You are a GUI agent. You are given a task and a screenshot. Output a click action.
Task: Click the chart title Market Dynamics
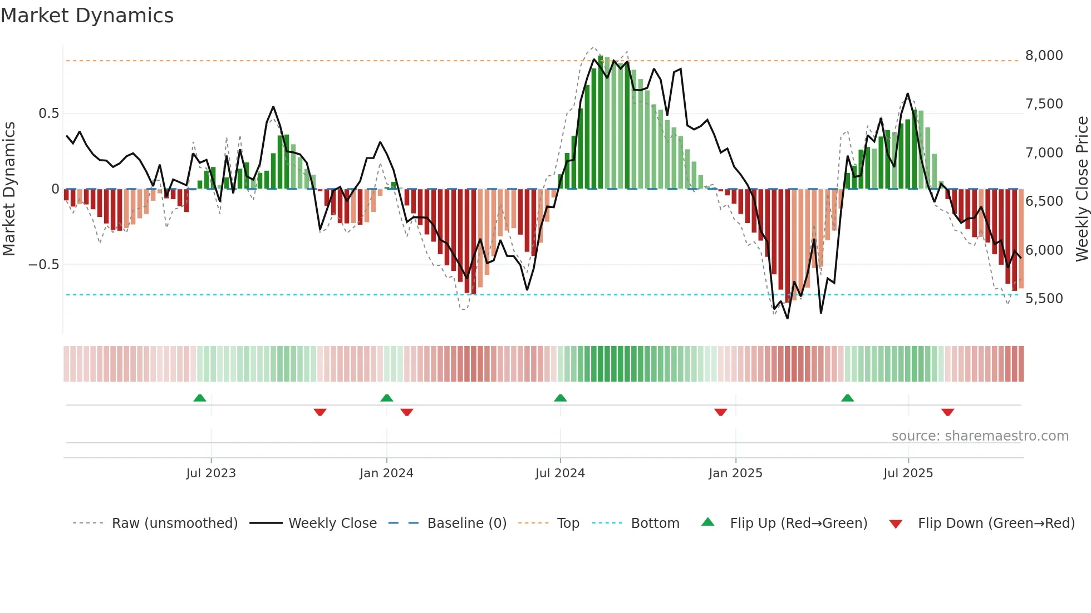(x=87, y=16)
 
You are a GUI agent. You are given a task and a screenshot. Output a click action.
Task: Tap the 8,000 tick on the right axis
(x=1044, y=56)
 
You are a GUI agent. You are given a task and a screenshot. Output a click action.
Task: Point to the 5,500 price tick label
(x=1044, y=299)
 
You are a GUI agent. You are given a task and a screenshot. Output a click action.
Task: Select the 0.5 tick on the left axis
(x=48, y=113)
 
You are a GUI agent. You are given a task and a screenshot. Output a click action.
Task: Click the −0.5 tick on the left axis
(x=44, y=265)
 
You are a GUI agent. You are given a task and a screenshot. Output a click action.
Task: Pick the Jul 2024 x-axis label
(x=560, y=473)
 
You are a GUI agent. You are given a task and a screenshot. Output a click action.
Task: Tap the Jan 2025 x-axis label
(x=735, y=473)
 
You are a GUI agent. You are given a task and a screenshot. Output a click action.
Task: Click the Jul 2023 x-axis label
(x=211, y=473)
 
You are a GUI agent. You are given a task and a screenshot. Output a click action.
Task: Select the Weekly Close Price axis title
(x=1082, y=189)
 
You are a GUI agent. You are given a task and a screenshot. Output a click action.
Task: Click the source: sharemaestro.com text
(x=980, y=436)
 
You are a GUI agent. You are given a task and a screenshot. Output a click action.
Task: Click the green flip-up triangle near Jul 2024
(x=561, y=398)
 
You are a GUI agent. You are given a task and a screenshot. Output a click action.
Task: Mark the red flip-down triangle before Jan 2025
(x=721, y=412)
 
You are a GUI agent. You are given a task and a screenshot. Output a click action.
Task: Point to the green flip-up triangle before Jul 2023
(x=200, y=398)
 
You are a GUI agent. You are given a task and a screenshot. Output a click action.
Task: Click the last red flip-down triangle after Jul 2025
(x=948, y=412)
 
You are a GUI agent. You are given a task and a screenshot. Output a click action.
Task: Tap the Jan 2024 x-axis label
(x=386, y=473)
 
